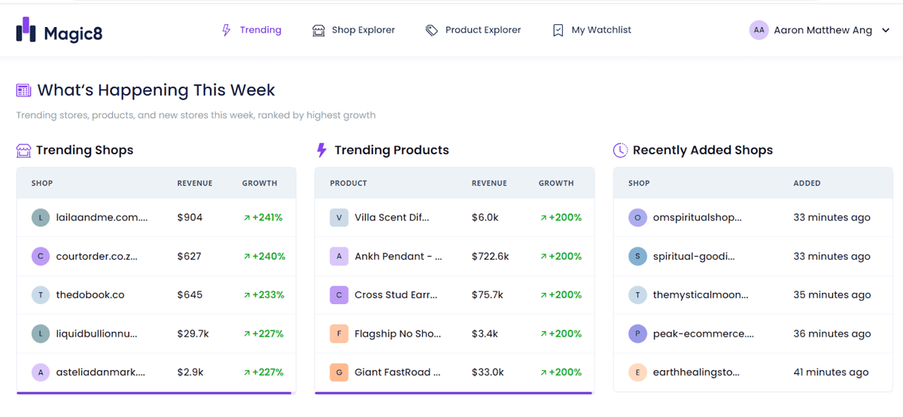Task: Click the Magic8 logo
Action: pyautogui.click(x=59, y=30)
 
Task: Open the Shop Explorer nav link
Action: pyautogui.click(x=354, y=30)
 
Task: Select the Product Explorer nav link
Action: pyautogui.click(x=473, y=30)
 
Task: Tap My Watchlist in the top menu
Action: pyautogui.click(x=591, y=30)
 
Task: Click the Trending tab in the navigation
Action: pyautogui.click(x=251, y=30)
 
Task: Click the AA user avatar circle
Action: pyautogui.click(x=759, y=30)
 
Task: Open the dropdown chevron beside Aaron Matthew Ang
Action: pyautogui.click(x=886, y=30)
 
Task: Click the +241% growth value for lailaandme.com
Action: pyautogui.click(x=263, y=218)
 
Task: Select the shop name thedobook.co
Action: pyautogui.click(x=90, y=295)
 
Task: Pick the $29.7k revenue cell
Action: pyautogui.click(x=193, y=334)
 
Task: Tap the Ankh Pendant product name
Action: pyautogui.click(x=398, y=257)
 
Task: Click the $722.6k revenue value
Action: pyautogui.click(x=490, y=257)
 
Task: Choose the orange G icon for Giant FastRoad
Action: pyautogui.click(x=339, y=373)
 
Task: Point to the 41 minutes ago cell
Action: pyautogui.click(x=832, y=373)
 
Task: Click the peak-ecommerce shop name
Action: pyautogui.click(x=704, y=334)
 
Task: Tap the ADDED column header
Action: pyautogui.click(x=807, y=184)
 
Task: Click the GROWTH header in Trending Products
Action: pyautogui.click(x=556, y=184)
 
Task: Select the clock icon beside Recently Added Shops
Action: pyautogui.click(x=620, y=151)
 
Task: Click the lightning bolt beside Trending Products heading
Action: pyautogui.click(x=322, y=150)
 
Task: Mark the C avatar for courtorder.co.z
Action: pyautogui.click(x=41, y=257)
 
